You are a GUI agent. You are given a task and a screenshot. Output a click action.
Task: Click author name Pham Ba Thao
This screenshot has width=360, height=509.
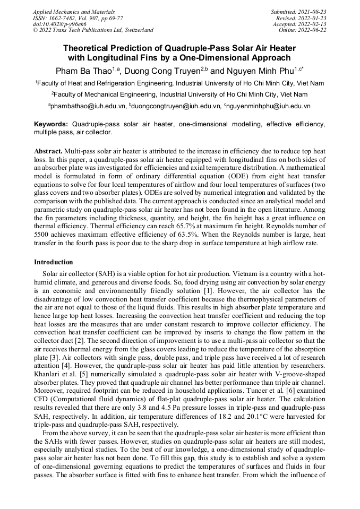(x=80, y=71)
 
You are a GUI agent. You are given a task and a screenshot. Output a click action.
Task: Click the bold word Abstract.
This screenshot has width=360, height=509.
(x=48, y=151)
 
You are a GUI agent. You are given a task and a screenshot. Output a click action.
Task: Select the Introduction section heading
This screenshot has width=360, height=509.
(x=54, y=262)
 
